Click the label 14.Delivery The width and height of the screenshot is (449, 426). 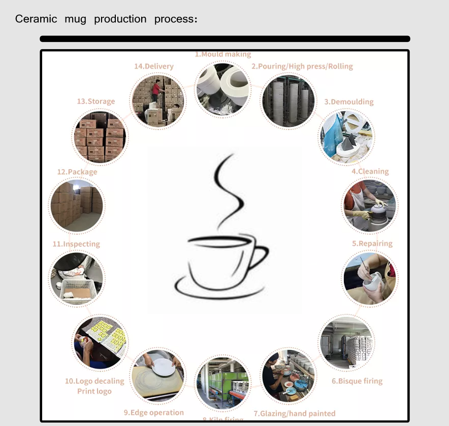tap(153, 66)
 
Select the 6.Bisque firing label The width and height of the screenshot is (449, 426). tap(357, 381)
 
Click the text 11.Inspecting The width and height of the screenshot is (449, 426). tap(76, 244)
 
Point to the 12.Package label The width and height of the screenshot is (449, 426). tap(77, 172)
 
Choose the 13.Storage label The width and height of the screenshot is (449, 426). tap(95, 101)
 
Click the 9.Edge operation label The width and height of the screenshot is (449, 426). tap(154, 412)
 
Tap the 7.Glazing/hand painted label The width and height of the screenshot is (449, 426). tap(295, 413)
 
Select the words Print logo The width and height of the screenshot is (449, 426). tap(94, 391)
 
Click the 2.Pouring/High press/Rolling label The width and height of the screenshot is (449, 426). tap(302, 66)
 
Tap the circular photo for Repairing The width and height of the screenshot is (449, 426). tap(369, 278)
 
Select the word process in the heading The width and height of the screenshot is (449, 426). tap(173, 19)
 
